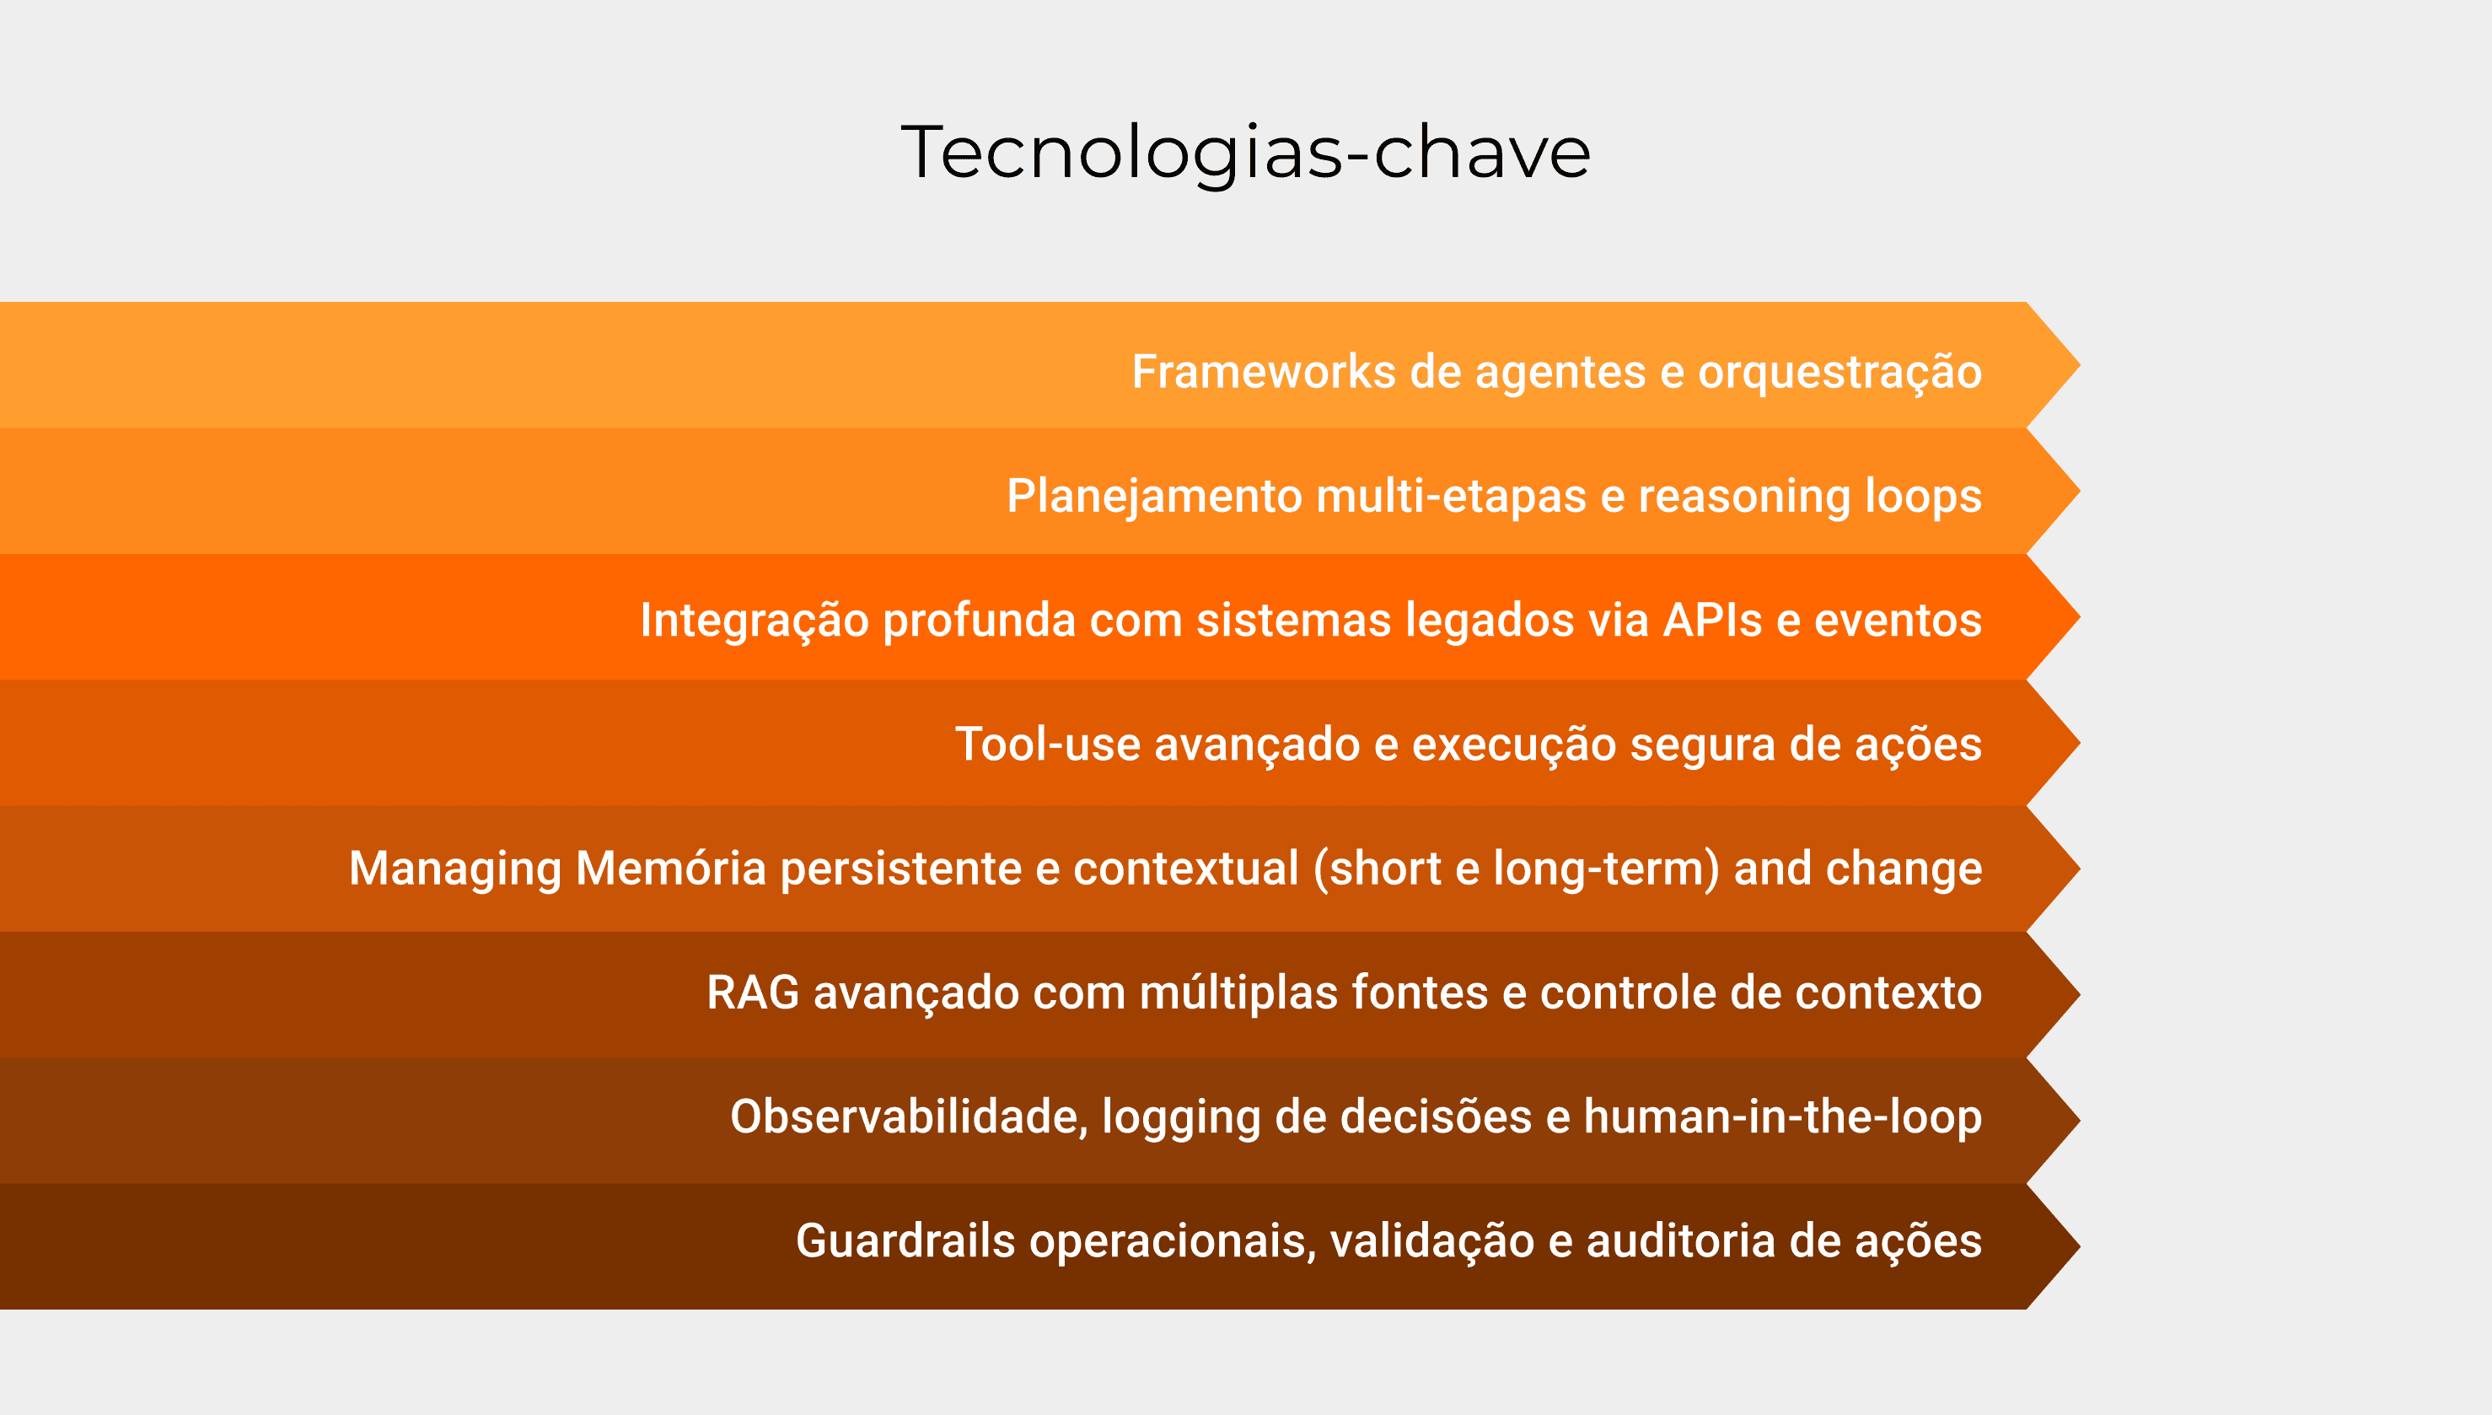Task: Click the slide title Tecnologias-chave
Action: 1245,153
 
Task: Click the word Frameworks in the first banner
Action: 1264,371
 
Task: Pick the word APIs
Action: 1712,620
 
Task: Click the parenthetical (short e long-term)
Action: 1517,869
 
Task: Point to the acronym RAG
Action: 753,993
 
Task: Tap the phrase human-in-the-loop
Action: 1783,1117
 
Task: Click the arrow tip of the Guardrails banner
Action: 2079,1246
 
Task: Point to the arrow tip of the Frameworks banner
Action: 2079,365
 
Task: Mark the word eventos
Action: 1898,620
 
